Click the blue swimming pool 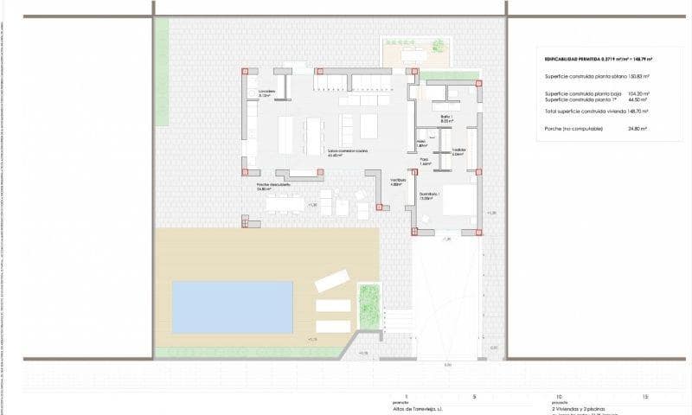coord(232,307)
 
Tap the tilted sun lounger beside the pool coord(331,281)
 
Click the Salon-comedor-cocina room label coord(347,152)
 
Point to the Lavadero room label coord(266,93)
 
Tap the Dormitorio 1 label coord(430,195)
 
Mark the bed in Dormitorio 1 coord(459,201)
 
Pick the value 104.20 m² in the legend coord(638,93)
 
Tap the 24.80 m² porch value coord(638,128)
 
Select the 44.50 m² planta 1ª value coord(638,99)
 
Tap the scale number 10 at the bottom coord(559,397)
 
